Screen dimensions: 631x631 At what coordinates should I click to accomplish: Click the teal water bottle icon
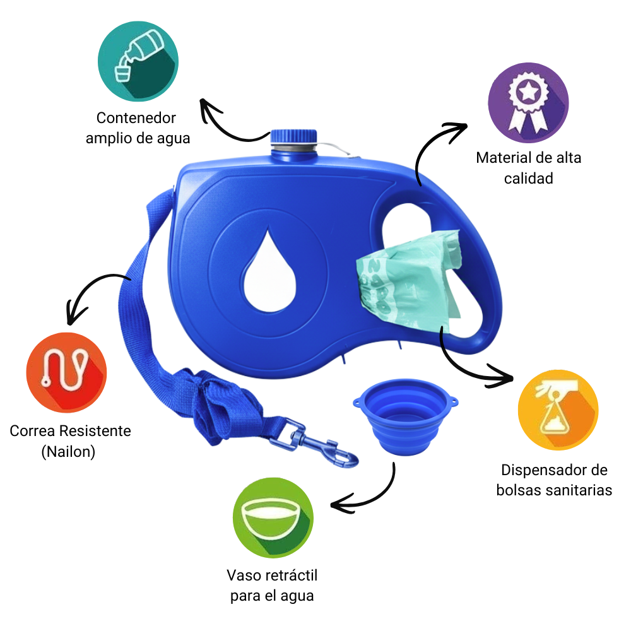pyautogui.click(x=138, y=61)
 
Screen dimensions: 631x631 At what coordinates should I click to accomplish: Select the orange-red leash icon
pyautogui.click(x=66, y=372)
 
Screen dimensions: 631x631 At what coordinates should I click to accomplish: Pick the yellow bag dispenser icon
pyautogui.click(x=558, y=411)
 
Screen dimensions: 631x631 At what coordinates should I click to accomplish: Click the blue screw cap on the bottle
pyautogui.click(x=293, y=136)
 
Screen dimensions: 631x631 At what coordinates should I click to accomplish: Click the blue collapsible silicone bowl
pyautogui.click(x=404, y=420)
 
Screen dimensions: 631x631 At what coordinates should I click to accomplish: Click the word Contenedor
pyautogui.click(x=136, y=118)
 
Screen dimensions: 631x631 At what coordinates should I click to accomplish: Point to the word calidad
pyautogui.click(x=528, y=179)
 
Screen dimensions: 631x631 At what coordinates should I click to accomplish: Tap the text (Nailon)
pyautogui.click(x=70, y=452)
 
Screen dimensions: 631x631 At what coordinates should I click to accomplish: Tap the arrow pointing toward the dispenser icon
pyautogui.click(x=467, y=366)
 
